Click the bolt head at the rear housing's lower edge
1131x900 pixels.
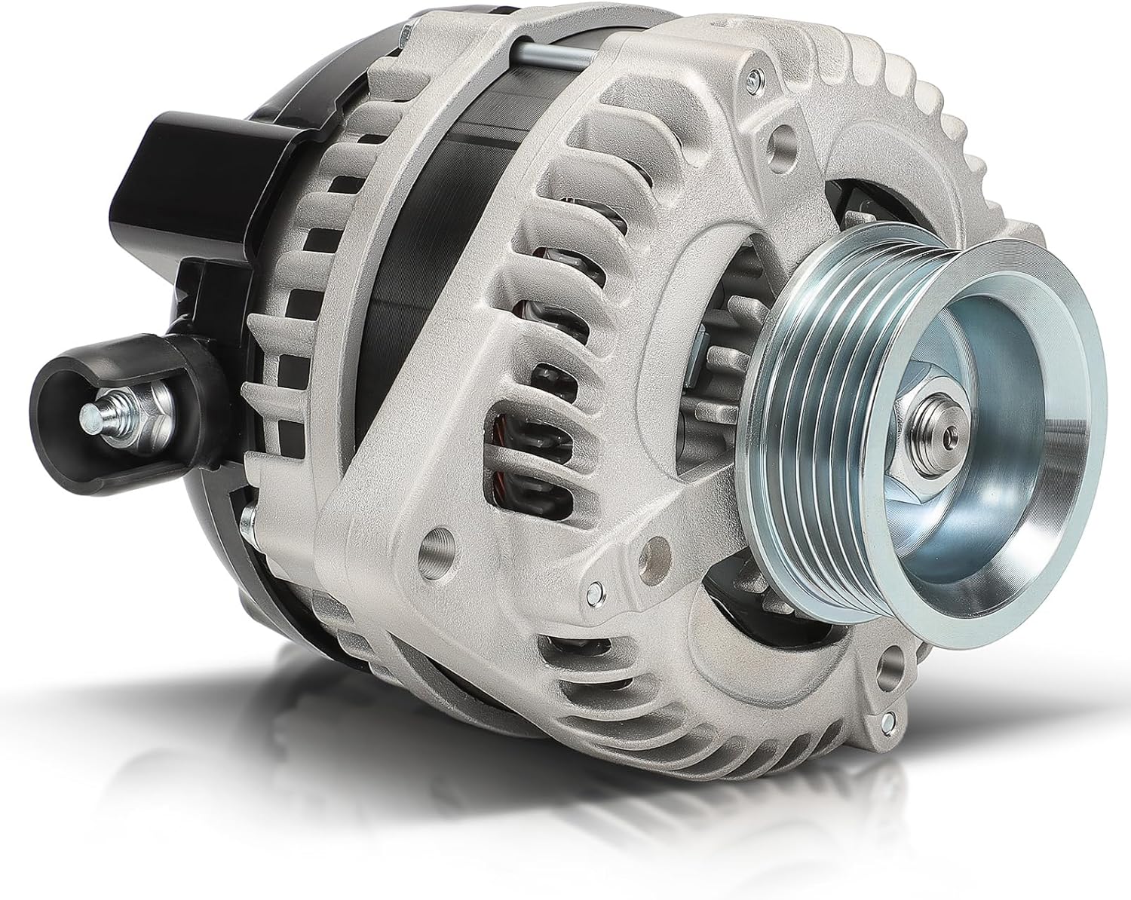click(249, 520)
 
